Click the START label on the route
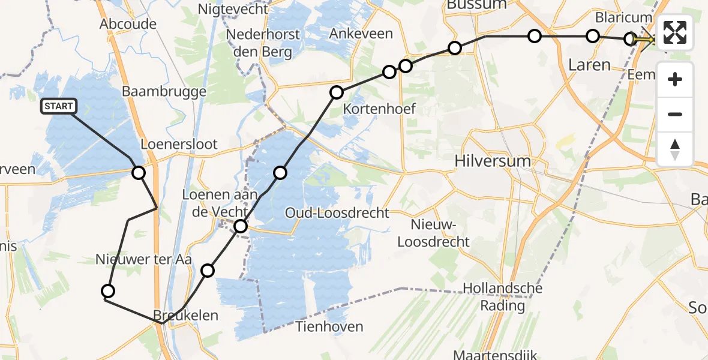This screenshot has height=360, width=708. [58, 107]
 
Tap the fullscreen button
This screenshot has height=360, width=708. [675, 32]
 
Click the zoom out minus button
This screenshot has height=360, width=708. [675, 114]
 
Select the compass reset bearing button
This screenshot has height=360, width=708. [675, 149]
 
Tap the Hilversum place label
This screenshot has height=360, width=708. [493, 161]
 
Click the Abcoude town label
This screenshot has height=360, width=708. [128, 25]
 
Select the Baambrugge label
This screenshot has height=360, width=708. [164, 92]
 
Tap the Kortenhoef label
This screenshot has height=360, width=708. [379, 110]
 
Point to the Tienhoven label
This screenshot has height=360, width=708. [329, 327]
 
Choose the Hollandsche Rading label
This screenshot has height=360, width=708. [502, 297]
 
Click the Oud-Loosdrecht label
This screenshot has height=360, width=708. [337, 213]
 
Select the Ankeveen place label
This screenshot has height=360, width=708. [361, 34]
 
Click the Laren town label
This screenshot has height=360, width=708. [589, 65]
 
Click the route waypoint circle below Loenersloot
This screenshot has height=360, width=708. [139, 173]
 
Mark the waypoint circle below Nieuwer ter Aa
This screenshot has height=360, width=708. [108, 292]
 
